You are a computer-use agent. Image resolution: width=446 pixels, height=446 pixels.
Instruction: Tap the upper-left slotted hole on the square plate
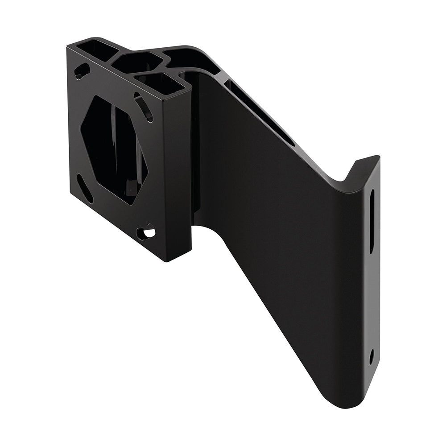[x=82, y=71]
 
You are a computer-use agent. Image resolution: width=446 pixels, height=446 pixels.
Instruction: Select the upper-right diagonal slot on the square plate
[x=144, y=107]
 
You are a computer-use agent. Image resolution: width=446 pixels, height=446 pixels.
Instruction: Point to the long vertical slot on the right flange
[x=372, y=221]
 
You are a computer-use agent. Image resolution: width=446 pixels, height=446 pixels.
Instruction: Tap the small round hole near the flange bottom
[x=372, y=356]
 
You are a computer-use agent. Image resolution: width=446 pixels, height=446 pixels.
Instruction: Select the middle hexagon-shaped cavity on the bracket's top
[x=136, y=62]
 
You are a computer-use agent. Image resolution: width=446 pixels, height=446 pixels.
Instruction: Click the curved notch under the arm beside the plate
[x=207, y=227]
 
